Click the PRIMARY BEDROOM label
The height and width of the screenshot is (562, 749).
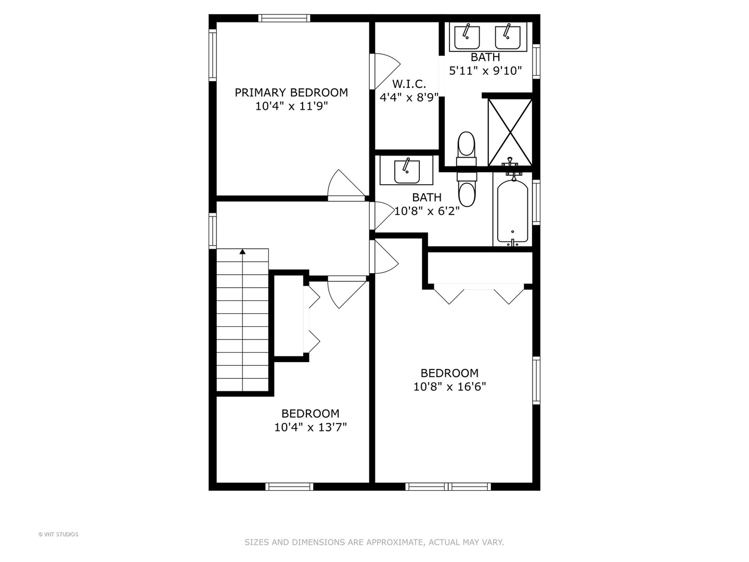coord(291,93)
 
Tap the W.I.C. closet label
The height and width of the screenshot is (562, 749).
coord(409,84)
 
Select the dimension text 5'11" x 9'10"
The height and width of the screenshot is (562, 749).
coord(485,71)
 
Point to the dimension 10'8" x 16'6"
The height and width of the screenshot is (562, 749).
coord(449,387)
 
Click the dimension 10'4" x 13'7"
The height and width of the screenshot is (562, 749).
coord(310,427)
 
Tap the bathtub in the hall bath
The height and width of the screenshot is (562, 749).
coord(512,210)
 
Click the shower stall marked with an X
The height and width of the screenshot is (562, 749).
coord(510,132)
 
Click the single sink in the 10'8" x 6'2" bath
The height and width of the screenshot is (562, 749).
coord(407,171)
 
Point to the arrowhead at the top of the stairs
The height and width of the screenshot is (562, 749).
coord(242,252)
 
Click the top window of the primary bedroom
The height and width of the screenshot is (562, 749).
coord(285,18)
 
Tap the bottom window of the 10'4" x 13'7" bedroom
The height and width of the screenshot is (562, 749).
coord(289,487)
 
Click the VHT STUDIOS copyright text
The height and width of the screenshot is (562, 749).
coord(58,534)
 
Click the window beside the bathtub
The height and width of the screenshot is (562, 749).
coord(536,202)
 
